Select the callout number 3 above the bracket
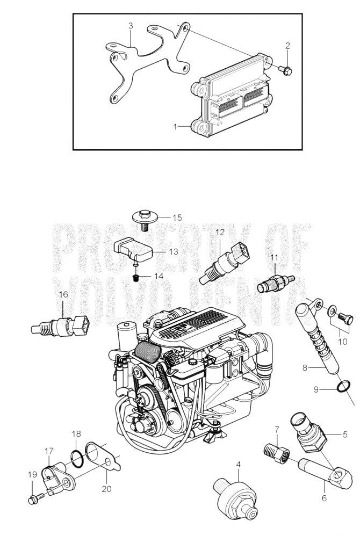pos(131,26)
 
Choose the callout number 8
pos(305,368)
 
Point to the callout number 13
pos(174,251)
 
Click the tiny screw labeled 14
pos(136,278)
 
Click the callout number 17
pos(49,451)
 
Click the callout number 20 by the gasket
pos(106,488)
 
